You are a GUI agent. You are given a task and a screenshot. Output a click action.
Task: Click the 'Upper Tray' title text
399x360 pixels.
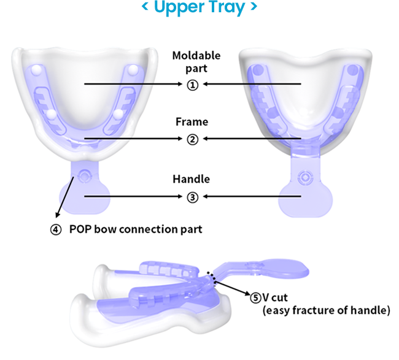coord(199,9)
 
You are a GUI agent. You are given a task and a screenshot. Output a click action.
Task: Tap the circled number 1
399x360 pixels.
coord(193,85)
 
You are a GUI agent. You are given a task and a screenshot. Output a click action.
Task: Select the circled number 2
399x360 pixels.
coord(193,139)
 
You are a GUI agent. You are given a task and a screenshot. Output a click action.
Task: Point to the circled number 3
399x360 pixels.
coord(193,197)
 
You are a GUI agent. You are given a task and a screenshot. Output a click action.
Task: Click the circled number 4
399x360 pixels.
coord(56,229)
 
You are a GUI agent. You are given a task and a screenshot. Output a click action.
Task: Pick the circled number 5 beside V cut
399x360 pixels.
coord(255,297)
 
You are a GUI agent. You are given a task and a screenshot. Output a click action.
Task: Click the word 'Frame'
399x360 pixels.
coord(192,122)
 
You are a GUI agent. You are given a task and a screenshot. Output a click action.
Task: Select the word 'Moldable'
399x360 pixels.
coord(196,56)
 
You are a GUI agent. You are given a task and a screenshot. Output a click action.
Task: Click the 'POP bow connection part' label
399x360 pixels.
coord(136,229)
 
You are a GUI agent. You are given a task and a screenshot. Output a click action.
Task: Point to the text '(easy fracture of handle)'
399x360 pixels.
coord(326,311)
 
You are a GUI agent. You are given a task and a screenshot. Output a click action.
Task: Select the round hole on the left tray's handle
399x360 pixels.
coord(84,176)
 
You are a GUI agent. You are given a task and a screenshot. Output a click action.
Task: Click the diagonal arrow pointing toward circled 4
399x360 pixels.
coord(66,197)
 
